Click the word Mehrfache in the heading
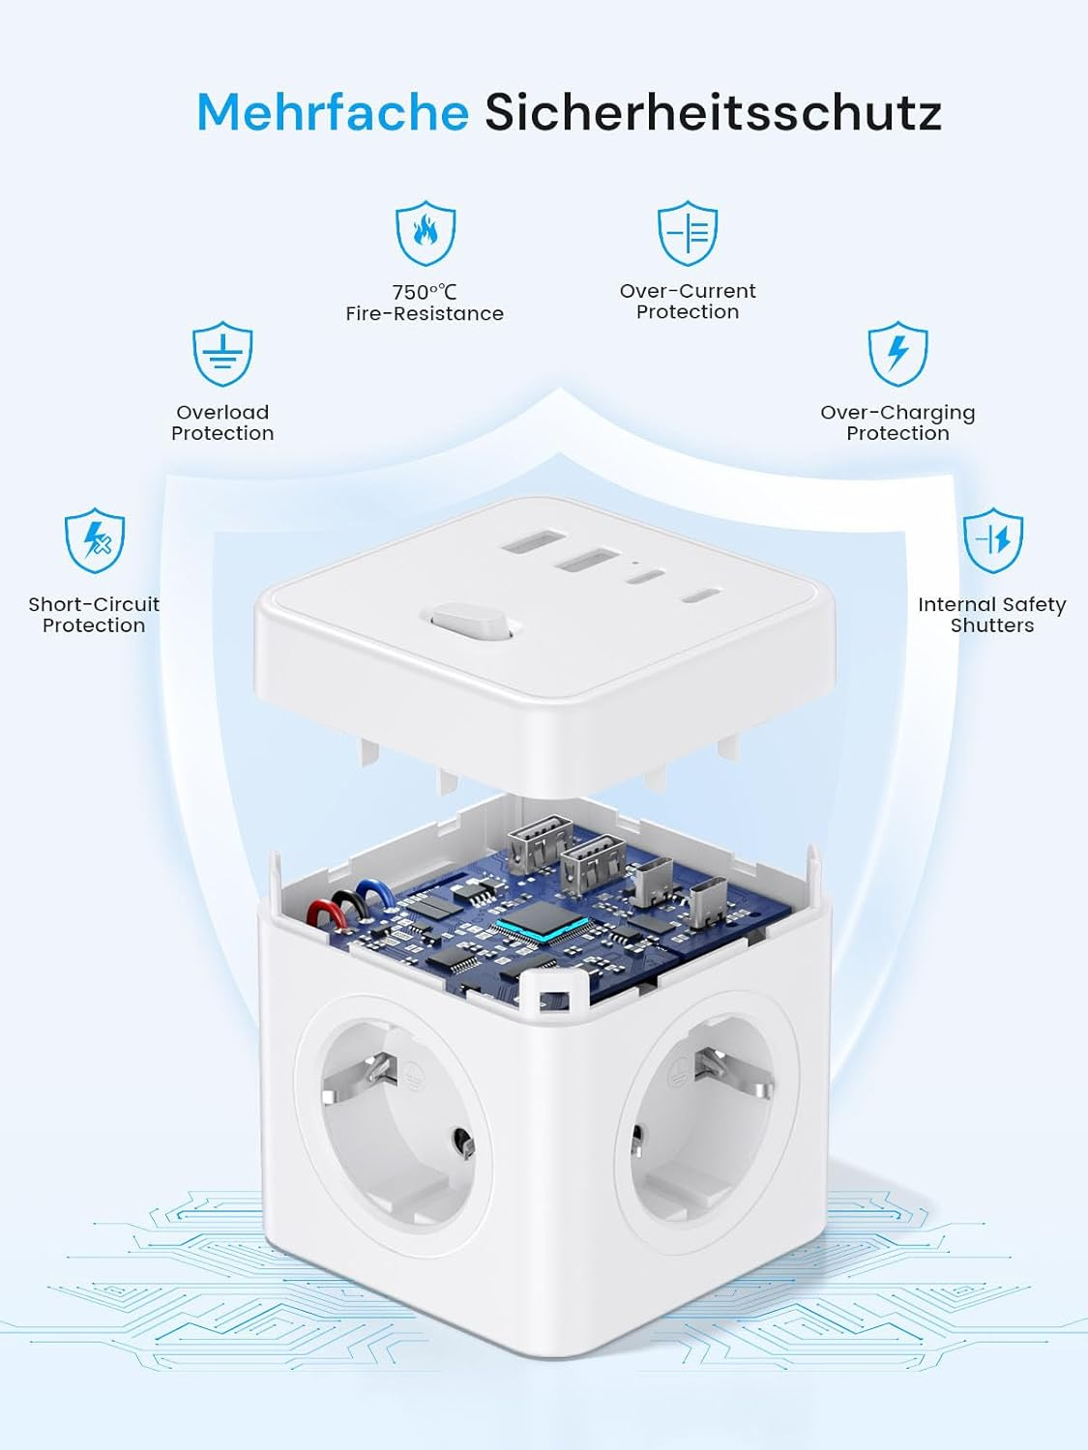(x=332, y=112)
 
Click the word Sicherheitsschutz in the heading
(x=713, y=112)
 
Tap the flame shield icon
(x=425, y=234)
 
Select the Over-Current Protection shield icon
(x=688, y=233)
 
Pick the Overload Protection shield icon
(x=222, y=355)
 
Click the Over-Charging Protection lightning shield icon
(x=897, y=354)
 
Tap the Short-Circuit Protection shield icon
(x=95, y=540)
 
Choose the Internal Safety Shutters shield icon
(x=993, y=540)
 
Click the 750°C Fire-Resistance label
(x=425, y=303)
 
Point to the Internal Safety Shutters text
(x=992, y=615)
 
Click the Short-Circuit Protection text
(x=94, y=615)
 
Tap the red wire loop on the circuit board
(x=320, y=913)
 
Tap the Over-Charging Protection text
(x=897, y=422)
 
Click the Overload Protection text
(x=222, y=422)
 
